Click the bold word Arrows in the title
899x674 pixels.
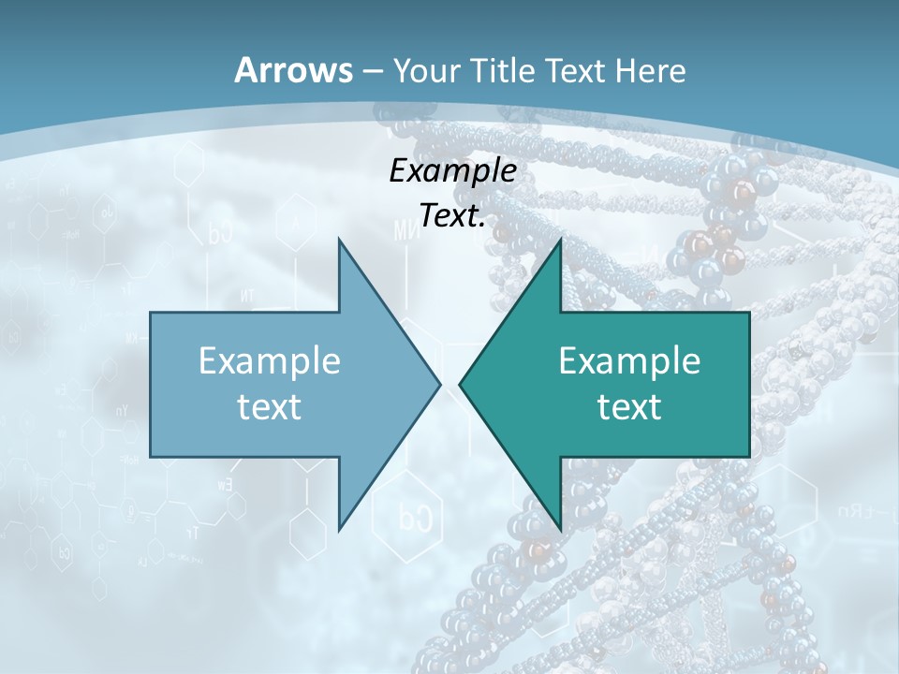(292, 70)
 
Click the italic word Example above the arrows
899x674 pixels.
(452, 170)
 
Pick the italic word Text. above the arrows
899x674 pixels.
(452, 216)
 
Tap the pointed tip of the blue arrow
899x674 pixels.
(440, 384)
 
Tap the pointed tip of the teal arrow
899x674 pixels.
(460, 384)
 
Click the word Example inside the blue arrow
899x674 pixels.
(270, 361)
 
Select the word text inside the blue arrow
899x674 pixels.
(270, 407)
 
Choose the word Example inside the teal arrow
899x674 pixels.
(629, 361)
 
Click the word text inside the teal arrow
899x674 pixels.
(629, 407)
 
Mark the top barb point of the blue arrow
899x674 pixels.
(339, 240)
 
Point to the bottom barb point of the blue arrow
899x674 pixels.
(339, 529)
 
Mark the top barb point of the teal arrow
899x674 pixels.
(560, 240)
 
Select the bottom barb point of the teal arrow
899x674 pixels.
(560, 529)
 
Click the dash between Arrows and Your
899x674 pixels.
(372, 71)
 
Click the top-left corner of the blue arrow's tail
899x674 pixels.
(151, 313)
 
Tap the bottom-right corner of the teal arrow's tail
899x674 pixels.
(749, 456)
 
